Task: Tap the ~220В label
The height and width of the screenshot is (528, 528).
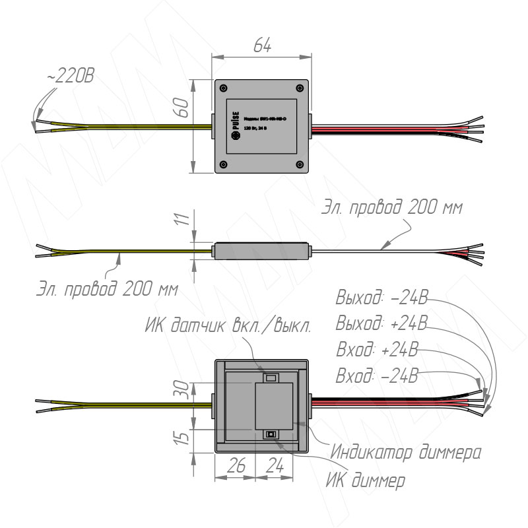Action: pyautogui.click(x=71, y=77)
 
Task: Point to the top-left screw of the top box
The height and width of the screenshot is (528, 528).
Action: pyautogui.click(x=223, y=88)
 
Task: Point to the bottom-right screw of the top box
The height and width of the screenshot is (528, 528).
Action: pyautogui.click(x=301, y=164)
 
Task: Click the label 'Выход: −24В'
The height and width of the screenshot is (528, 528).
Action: pyautogui.click(x=381, y=300)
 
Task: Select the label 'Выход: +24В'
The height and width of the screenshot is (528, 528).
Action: pyautogui.click(x=381, y=325)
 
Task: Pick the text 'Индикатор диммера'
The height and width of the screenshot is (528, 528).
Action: pyautogui.click(x=405, y=453)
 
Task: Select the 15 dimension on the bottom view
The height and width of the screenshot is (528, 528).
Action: pyautogui.click(x=186, y=436)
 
